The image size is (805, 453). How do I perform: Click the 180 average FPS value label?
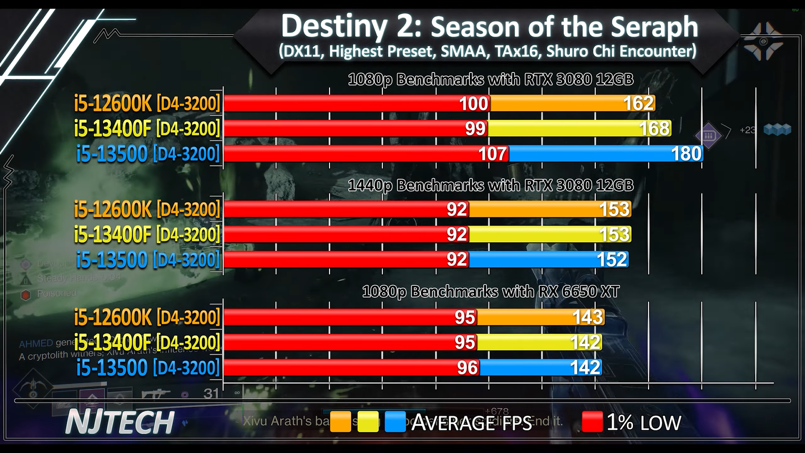tap(686, 154)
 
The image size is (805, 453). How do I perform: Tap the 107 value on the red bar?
tap(493, 154)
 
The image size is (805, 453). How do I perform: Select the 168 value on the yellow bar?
tap(654, 128)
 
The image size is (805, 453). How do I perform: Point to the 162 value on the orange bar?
tap(638, 103)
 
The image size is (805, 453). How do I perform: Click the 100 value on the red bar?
tap(473, 103)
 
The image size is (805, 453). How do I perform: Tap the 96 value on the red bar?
tap(467, 367)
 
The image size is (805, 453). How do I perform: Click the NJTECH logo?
tap(120, 422)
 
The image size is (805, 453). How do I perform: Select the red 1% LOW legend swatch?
tap(592, 422)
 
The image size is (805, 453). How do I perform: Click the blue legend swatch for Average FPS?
tap(395, 422)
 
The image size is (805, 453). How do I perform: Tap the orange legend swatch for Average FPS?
tap(340, 422)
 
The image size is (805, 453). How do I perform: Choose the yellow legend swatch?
tap(368, 422)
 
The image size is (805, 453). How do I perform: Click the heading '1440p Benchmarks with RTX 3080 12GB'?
tap(491, 185)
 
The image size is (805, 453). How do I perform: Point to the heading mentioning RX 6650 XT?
tap(491, 291)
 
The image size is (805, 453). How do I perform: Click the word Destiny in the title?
tap(334, 26)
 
